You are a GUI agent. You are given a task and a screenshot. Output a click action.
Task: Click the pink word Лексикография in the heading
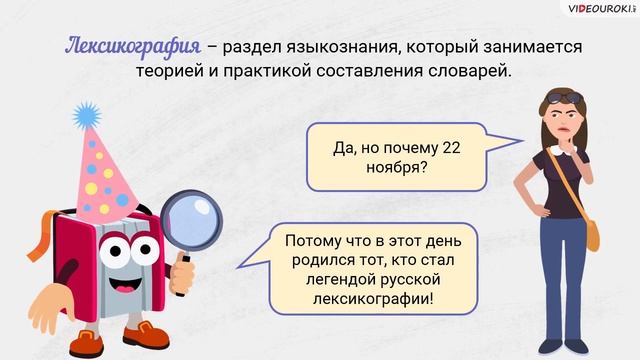coord(133,47)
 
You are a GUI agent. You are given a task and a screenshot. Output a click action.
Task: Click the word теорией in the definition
coord(170,72)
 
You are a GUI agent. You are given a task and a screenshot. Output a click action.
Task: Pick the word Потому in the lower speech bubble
coord(315,241)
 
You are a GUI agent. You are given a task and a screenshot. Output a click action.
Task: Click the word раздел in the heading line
coord(253,48)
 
